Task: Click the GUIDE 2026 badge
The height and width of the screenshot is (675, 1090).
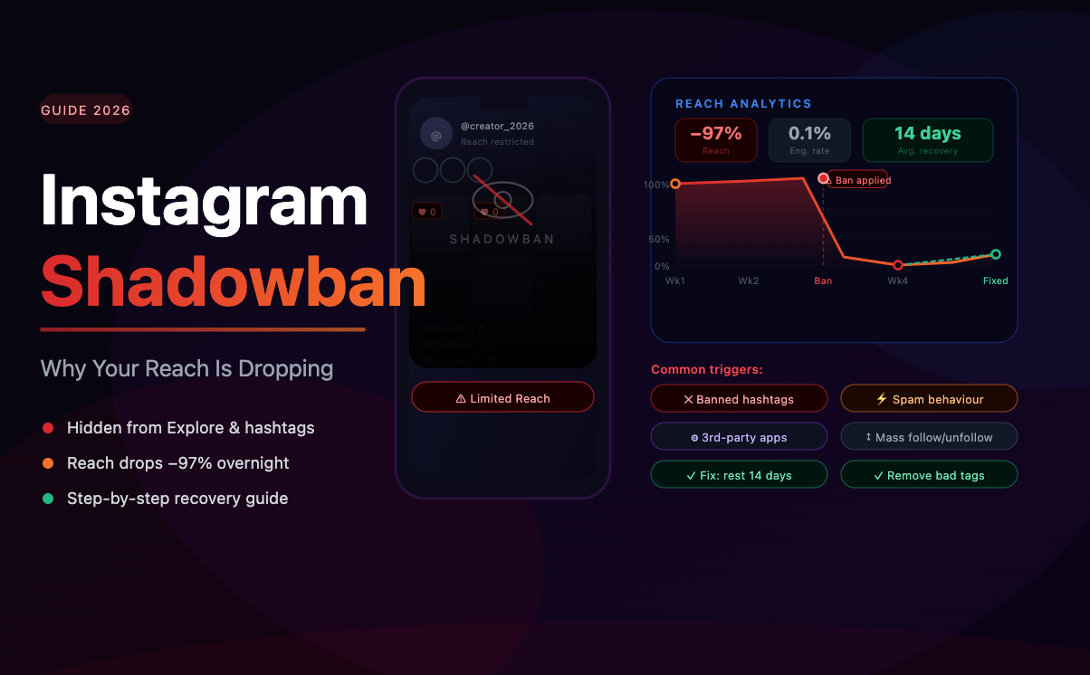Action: pyautogui.click(x=86, y=110)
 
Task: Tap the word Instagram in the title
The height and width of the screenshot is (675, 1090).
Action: pyautogui.click(x=205, y=201)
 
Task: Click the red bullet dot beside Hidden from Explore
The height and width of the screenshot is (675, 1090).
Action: pyautogui.click(x=48, y=428)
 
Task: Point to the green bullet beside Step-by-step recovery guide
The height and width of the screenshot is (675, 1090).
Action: pyautogui.click(x=48, y=499)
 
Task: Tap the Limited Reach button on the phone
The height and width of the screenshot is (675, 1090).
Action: pyautogui.click(x=502, y=398)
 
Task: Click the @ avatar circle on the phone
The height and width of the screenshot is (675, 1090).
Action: pyautogui.click(x=435, y=135)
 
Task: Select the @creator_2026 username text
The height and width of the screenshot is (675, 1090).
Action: pyautogui.click(x=497, y=127)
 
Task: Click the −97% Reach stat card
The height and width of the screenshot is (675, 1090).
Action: pyautogui.click(x=715, y=140)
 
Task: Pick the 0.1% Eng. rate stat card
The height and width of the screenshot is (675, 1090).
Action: pyautogui.click(x=809, y=140)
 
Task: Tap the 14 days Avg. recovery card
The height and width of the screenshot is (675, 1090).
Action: pyautogui.click(x=927, y=140)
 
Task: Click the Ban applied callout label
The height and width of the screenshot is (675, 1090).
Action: pyautogui.click(x=861, y=180)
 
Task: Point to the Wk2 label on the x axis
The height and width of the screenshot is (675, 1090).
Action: pyautogui.click(x=748, y=281)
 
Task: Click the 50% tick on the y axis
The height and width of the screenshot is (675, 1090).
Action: pyautogui.click(x=658, y=240)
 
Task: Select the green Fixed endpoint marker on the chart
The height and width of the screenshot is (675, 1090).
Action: pyautogui.click(x=996, y=255)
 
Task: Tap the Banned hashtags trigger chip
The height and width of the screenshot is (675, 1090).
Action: pyautogui.click(x=739, y=399)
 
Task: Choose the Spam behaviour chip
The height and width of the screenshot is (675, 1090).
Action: pyautogui.click(x=929, y=399)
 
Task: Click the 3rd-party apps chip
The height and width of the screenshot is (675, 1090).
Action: pyautogui.click(x=739, y=437)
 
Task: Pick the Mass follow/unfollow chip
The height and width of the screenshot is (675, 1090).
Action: pyautogui.click(x=929, y=437)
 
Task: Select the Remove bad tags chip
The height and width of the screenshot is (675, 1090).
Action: pyautogui.click(x=929, y=475)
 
